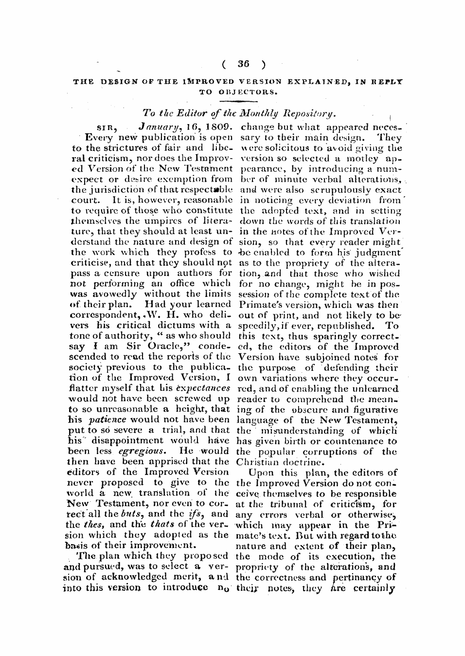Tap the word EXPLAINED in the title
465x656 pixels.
[318, 83]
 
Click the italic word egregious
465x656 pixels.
[143, 451]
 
